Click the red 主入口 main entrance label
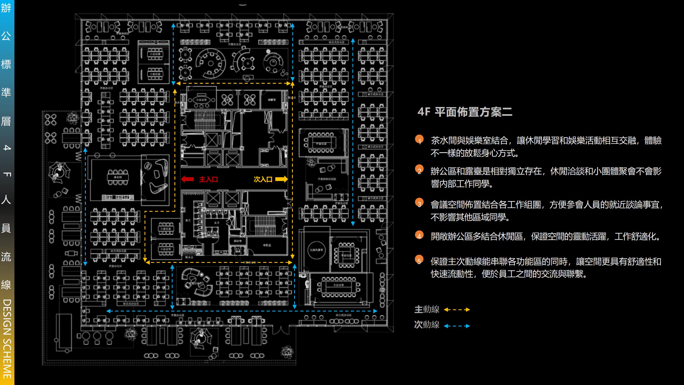[x=208, y=179]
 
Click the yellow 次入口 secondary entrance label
[x=263, y=179]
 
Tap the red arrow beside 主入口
[x=188, y=179]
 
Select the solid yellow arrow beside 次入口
[x=281, y=179]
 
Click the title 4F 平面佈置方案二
[x=465, y=112]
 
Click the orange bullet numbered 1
[x=419, y=140]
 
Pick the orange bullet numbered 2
[x=419, y=170]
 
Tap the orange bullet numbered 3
[x=419, y=203]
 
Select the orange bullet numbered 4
[x=419, y=235]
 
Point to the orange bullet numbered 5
[x=419, y=260]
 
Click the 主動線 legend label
[x=427, y=310]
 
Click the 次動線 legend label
[x=427, y=325]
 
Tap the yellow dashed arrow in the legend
[x=457, y=310]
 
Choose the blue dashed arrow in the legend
[x=457, y=326]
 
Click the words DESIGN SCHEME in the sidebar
[x=7, y=338]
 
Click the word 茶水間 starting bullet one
[x=444, y=141]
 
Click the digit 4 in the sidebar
[x=7, y=147]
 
